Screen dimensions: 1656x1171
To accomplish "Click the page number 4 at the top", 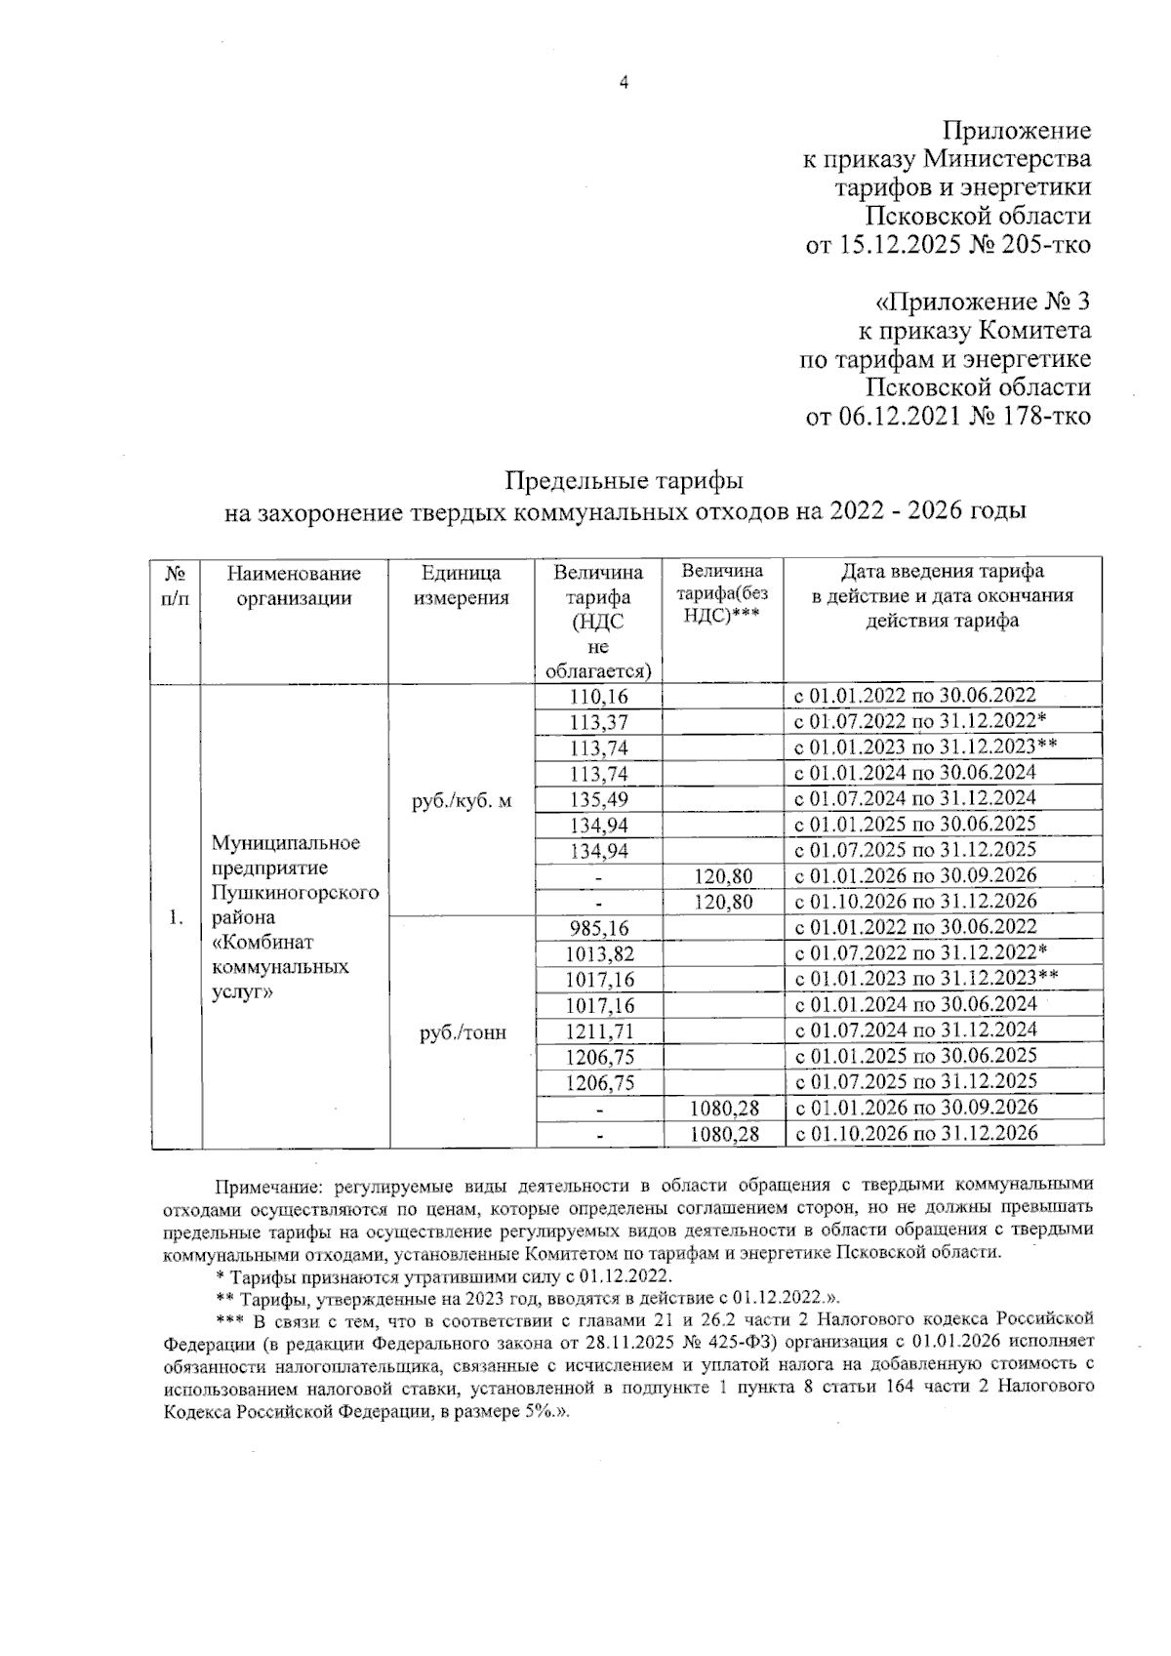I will (x=624, y=83).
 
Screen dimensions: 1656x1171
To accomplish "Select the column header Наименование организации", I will (x=294, y=586).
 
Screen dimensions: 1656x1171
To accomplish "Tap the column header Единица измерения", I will (x=462, y=586).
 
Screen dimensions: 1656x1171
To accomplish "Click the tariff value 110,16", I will (x=599, y=697).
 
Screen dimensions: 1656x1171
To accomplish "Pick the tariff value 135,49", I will (x=599, y=799).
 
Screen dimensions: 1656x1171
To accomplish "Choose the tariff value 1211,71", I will (x=599, y=1030).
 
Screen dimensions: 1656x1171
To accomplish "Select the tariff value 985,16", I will (x=599, y=927).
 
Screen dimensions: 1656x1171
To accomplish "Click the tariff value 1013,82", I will (x=599, y=953).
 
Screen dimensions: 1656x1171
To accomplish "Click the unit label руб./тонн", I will (x=463, y=1032).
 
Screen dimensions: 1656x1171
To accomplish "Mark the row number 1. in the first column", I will (x=176, y=917).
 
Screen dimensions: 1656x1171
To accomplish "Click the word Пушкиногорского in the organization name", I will (x=295, y=893).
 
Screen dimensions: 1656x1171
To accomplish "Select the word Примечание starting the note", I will (x=269, y=1187).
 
